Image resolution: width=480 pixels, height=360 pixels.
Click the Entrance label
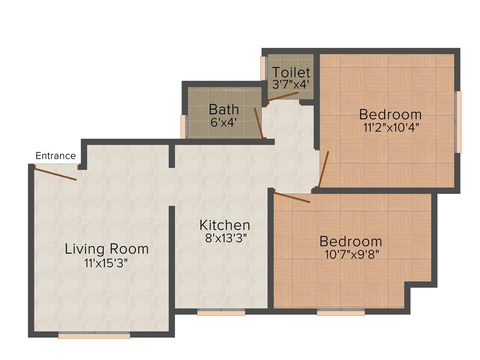point(56,156)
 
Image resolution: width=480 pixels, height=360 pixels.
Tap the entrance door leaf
point(55,172)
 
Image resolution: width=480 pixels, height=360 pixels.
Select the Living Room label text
point(106,248)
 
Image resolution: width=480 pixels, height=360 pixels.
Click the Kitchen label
point(225,225)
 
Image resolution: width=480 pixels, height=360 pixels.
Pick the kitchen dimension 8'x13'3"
point(225,238)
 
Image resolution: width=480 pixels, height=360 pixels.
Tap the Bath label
point(224,109)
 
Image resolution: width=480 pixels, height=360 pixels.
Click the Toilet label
point(291,73)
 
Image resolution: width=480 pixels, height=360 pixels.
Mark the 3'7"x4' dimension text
point(291,85)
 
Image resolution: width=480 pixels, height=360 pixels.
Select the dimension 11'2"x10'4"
point(390,127)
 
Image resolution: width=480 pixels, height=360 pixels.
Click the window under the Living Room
point(94,335)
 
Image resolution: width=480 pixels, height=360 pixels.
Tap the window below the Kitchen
point(221,312)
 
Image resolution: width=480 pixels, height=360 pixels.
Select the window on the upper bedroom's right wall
point(458,122)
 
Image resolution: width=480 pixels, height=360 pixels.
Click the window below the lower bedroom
point(341,312)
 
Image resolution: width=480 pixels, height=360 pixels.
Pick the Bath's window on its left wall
point(184,126)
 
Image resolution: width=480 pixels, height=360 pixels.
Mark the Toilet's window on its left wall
point(263,68)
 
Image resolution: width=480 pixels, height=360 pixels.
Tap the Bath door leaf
point(258,123)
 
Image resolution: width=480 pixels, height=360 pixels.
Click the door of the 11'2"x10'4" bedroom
point(324,169)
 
